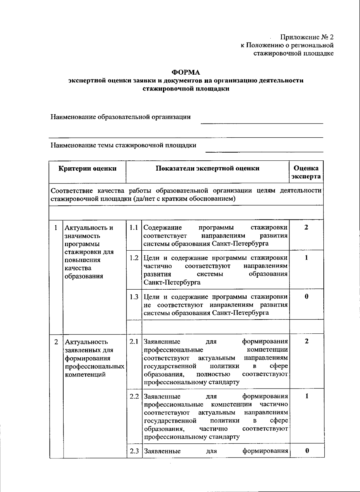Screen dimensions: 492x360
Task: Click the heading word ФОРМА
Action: (185, 72)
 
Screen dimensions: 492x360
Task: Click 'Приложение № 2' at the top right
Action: (307, 37)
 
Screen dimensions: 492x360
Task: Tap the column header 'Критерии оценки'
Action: (87, 168)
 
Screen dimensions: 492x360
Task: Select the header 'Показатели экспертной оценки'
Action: (207, 168)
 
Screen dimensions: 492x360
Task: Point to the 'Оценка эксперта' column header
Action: (306, 172)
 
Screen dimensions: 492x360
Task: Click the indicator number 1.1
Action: (134, 228)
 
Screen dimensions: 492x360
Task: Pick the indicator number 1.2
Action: (134, 258)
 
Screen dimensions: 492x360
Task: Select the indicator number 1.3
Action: (134, 297)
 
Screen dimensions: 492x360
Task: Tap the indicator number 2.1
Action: (134, 341)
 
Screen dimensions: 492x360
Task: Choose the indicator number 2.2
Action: (134, 396)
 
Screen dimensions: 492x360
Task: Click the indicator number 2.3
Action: (134, 451)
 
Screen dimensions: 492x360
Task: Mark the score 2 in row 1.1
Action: (306, 227)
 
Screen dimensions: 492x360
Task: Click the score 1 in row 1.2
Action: (306, 258)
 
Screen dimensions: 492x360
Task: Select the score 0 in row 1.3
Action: (306, 297)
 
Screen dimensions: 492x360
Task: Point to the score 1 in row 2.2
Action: (307, 396)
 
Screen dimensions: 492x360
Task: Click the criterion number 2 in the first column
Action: (56, 342)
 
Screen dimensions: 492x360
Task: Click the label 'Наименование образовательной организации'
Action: (121, 117)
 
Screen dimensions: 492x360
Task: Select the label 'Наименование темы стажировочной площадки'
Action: (123, 145)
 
